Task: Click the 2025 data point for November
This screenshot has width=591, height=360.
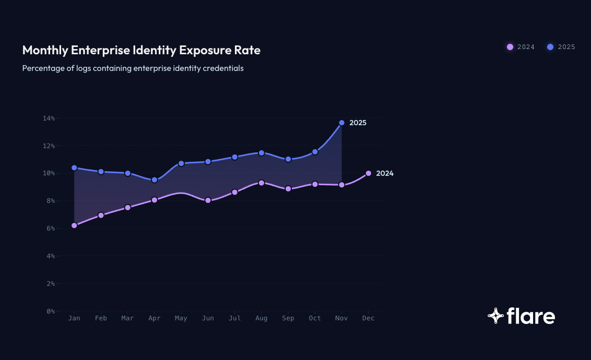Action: [x=342, y=123]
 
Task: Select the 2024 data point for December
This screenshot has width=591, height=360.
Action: [x=369, y=173]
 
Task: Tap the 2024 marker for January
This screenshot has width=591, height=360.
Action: [x=74, y=225]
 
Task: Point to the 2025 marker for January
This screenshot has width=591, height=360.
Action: [x=74, y=168]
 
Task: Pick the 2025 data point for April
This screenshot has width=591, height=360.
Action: [x=155, y=180]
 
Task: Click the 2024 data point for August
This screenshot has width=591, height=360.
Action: [x=261, y=183]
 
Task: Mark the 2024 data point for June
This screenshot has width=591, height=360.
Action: [x=208, y=200]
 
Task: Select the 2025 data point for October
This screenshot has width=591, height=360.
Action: [x=315, y=152]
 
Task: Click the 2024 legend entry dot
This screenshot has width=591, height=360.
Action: [x=510, y=47]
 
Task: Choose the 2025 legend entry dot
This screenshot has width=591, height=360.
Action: [x=550, y=47]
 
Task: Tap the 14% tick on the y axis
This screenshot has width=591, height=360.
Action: [x=49, y=118]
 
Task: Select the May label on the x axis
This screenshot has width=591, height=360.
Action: [x=181, y=318]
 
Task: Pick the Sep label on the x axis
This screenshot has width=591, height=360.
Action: [x=288, y=318]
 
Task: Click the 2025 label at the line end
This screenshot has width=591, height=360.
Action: [x=358, y=123]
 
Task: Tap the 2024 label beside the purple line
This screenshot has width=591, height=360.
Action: [x=385, y=174]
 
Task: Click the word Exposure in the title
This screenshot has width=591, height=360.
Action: [x=202, y=51]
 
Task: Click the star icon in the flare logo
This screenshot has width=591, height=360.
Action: [x=495, y=316]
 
